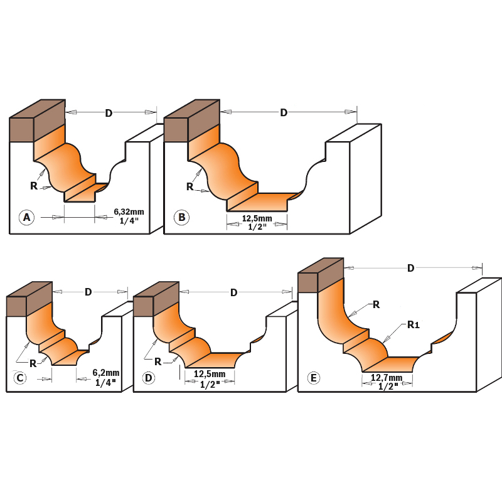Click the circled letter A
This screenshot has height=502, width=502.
26,217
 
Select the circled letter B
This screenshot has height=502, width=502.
181,217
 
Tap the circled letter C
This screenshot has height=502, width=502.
20,378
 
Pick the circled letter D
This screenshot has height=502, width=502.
149,378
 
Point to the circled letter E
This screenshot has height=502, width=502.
313,378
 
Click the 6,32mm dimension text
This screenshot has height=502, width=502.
129,212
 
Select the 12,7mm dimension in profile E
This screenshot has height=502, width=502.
387,378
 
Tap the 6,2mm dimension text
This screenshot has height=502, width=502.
106,373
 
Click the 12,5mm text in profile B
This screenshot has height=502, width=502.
257,218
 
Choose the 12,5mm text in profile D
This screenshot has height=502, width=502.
210,374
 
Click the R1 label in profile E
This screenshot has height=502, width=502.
414,325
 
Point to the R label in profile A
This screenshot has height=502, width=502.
34,186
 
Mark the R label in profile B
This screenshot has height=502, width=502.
190,186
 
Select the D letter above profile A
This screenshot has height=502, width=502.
109,113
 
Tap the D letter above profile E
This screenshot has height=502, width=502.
411,269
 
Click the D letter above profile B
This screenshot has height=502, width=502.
284,113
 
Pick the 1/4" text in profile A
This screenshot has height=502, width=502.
129,221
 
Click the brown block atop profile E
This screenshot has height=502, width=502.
321,275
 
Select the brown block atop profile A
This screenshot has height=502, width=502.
38,120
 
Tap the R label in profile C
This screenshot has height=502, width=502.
33,364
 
